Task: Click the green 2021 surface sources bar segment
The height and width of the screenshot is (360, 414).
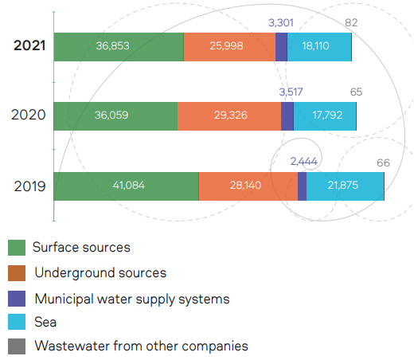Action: tap(119, 47)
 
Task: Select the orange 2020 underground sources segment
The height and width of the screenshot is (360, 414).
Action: tap(229, 116)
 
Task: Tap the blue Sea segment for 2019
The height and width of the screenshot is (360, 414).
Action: tap(346, 186)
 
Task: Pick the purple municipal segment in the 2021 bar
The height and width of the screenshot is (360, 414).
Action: tap(281, 47)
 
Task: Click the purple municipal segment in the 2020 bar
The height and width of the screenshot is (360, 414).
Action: tap(287, 116)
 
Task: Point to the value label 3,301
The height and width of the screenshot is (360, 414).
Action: tap(281, 23)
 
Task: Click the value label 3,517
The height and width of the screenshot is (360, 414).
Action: tap(291, 92)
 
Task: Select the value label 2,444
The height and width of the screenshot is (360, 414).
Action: tap(304, 162)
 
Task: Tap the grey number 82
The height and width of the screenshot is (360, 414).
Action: tap(351, 23)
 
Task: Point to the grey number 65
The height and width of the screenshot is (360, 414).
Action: tap(356, 92)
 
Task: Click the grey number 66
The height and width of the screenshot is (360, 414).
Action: tap(383, 162)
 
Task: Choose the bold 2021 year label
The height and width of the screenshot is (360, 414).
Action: tap(29, 45)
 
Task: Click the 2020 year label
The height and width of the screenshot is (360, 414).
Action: tap(29, 115)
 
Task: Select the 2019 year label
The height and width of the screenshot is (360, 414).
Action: tap(29, 186)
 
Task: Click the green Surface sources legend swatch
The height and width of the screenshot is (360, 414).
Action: tap(17, 248)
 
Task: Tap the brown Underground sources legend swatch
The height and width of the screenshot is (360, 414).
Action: tap(17, 273)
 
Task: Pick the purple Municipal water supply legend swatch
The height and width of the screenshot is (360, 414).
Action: tap(17, 299)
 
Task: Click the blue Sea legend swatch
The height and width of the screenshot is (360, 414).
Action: tap(17, 322)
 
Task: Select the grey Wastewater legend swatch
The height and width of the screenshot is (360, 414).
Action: tap(17, 346)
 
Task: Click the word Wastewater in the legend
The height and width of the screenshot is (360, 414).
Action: tap(72, 346)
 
